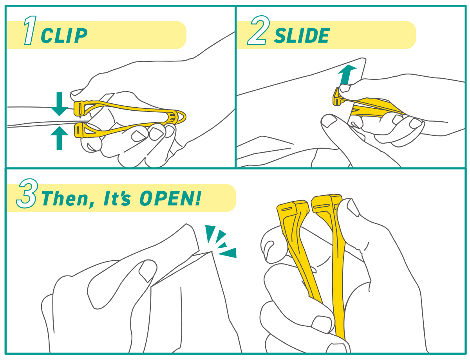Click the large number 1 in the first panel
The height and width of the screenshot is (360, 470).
pyautogui.click(x=30, y=30)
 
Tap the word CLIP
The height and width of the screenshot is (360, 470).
pyautogui.click(x=64, y=36)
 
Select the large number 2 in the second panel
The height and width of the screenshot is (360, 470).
pyautogui.click(x=258, y=30)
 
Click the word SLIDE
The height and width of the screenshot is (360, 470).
pyautogui.click(x=302, y=36)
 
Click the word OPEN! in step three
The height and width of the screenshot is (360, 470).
pyautogui.click(x=170, y=198)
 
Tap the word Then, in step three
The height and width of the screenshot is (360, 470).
pyautogui.click(x=68, y=199)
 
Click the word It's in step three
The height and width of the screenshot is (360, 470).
pyautogui.click(x=117, y=198)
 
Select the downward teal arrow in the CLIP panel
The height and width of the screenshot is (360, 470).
pyautogui.click(x=59, y=104)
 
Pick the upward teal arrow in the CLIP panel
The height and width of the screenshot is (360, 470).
pyautogui.click(x=59, y=138)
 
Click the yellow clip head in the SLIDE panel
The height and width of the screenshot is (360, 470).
pyautogui.click(x=338, y=97)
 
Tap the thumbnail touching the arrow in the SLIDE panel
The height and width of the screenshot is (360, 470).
pyautogui.click(x=345, y=88)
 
